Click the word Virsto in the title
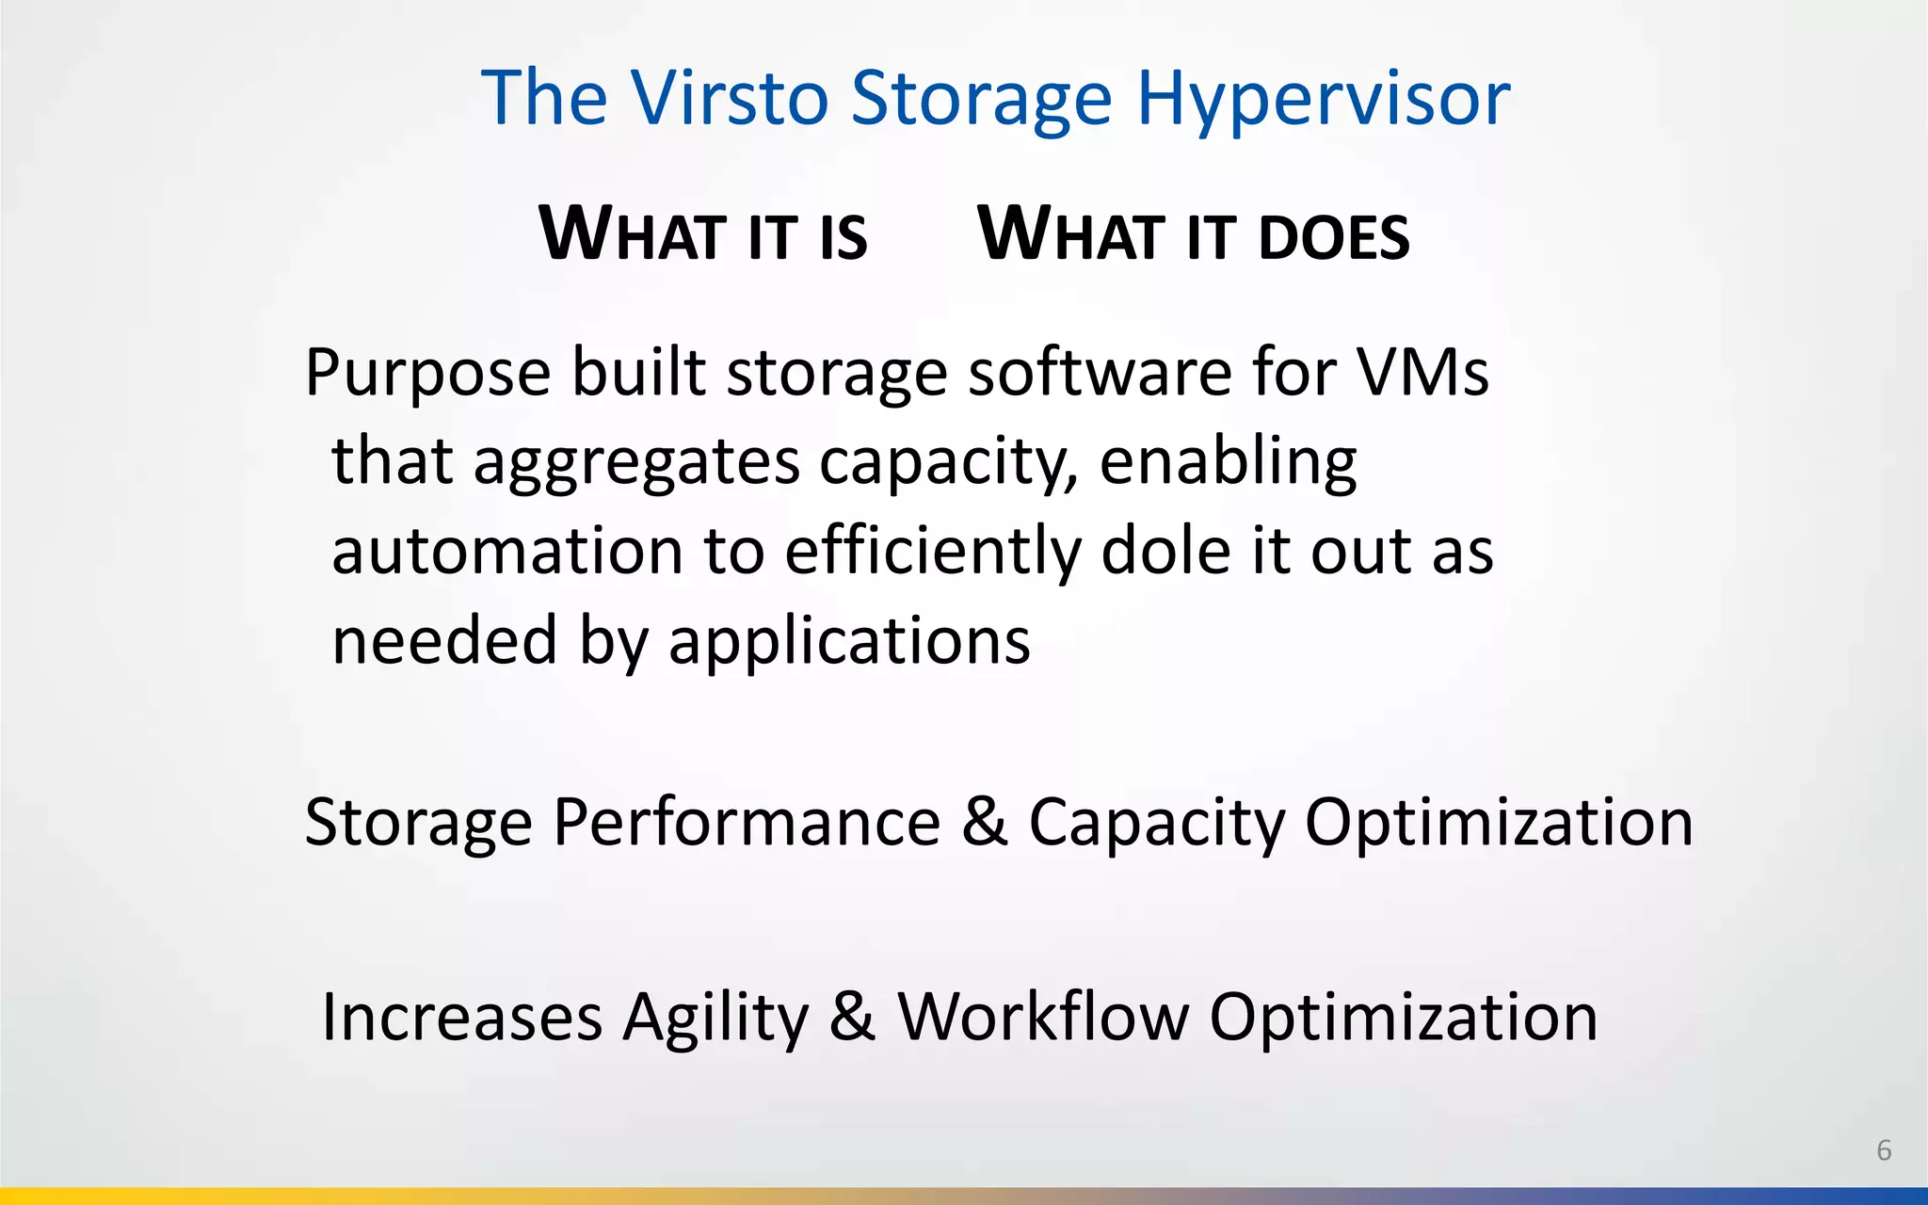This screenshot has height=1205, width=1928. click(730, 97)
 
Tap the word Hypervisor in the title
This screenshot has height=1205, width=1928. click(1323, 99)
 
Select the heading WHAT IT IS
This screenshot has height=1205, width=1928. click(702, 234)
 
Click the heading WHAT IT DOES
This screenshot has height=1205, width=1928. click(1194, 234)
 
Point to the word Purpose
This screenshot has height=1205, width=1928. click(427, 374)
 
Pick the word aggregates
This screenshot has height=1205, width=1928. click(636, 462)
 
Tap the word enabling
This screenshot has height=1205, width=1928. click(1228, 462)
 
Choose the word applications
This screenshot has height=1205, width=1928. click(849, 641)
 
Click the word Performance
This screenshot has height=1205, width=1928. click(747, 822)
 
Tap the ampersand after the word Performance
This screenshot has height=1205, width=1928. click(985, 822)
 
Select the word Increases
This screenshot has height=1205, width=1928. click(461, 1018)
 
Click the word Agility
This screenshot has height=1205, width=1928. click(715, 1020)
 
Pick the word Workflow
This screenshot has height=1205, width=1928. click(1043, 1018)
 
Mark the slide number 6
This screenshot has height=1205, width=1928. click(1884, 1149)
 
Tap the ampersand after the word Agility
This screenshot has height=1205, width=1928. click(853, 1018)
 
